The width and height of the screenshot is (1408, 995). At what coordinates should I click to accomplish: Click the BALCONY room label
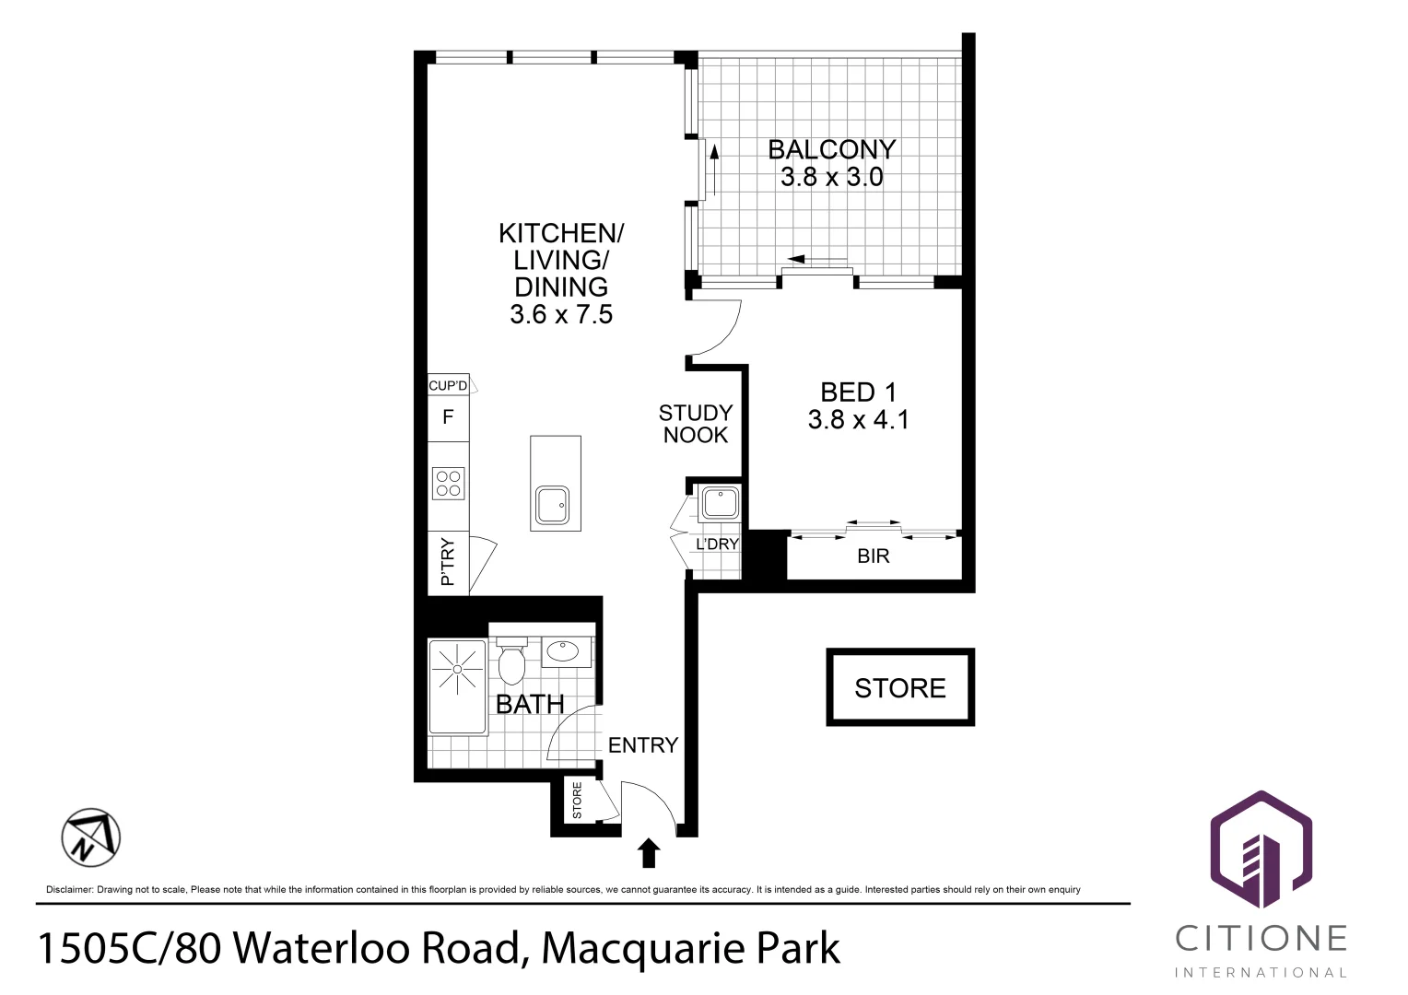pyautogui.click(x=831, y=149)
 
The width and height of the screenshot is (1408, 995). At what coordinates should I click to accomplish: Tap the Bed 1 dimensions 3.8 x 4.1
pyautogui.click(x=858, y=420)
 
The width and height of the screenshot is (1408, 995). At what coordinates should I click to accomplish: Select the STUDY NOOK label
pyautogui.click(x=696, y=424)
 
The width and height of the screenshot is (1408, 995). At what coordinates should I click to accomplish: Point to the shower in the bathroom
pyautogui.click(x=457, y=686)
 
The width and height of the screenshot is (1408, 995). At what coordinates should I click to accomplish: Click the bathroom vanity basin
pyautogui.click(x=562, y=651)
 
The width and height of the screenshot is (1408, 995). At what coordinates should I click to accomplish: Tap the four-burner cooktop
pyautogui.click(x=449, y=484)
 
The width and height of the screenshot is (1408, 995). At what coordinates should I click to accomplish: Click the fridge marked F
pyautogui.click(x=448, y=417)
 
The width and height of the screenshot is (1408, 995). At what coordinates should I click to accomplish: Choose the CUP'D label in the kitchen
pyautogui.click(x=448, y=385)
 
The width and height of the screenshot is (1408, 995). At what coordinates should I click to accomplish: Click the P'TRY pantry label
pyautogui.click(x=448, y=562)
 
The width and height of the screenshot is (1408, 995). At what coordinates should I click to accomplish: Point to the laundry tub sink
pyautogui.click(x=718, y=503)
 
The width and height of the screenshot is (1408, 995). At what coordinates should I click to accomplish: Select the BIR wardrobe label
pyautogui.click(x=874, y=556)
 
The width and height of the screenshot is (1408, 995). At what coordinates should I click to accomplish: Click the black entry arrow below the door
pyautogui.click(x=649, y=853)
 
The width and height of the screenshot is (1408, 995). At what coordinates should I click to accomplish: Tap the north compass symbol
pyautogui.click(x=91, y=838)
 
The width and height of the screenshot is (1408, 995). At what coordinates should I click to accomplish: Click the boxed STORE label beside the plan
pyautogui.click(x=899, y=688)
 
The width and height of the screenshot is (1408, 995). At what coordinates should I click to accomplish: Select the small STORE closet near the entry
pyautogui.click(x=578, y=801)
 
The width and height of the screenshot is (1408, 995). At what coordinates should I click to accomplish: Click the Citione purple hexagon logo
pyautogui.click(x=1260, y=849)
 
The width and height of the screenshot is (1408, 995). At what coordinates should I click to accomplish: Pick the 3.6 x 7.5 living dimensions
pyautogui.click(x=561, y=315)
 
